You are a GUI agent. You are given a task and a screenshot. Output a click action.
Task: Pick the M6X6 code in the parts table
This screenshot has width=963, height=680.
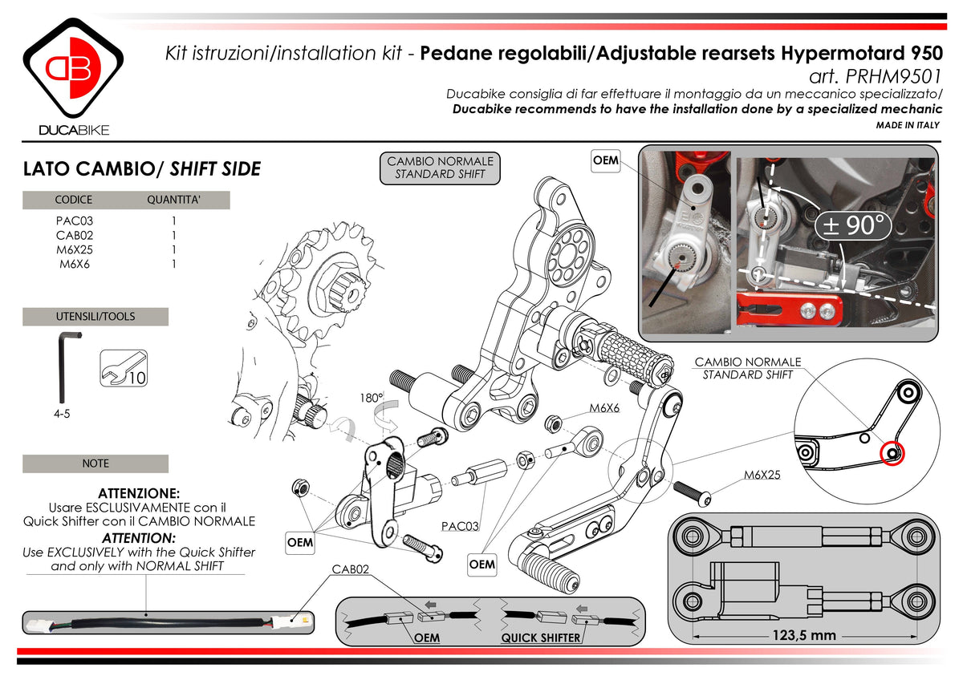click(x=74, y=263)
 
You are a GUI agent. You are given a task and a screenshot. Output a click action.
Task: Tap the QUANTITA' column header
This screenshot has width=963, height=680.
click(x=173, y=200)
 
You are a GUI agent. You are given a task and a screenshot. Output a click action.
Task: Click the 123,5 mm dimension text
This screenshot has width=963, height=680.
click(x=804, y=635)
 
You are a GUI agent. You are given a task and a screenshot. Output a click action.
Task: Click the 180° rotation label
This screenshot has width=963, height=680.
click(x=371, y=397)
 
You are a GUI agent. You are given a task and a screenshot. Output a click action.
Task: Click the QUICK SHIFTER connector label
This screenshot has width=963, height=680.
click(x=541, y=638)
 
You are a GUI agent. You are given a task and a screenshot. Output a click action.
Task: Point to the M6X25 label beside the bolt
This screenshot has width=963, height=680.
click(x=762, y=475)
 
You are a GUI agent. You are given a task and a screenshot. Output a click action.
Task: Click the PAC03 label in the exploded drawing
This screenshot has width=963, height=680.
click(x=461, y=527)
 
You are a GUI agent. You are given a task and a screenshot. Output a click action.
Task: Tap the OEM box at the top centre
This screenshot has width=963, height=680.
click(x=605, y=160)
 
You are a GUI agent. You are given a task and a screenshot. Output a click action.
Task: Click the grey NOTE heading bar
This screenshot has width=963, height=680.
click(x=95, y=463)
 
